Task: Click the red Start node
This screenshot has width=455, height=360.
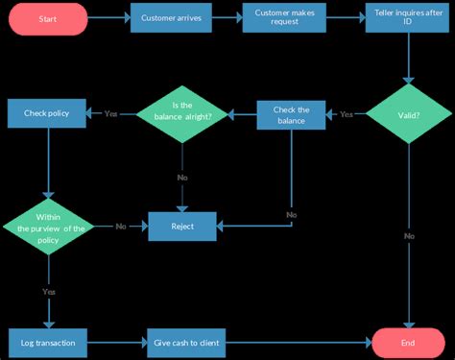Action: coord(48,18)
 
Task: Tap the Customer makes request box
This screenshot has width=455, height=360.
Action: coord(286,18)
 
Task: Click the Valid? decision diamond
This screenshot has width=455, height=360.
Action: coord(408,114)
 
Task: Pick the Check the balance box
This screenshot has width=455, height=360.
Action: coord(291,114)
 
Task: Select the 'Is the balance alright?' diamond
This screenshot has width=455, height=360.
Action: coord(182,114)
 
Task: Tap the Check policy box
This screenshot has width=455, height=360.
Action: coord(48,113)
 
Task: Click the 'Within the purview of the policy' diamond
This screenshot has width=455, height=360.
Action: coord(48,227)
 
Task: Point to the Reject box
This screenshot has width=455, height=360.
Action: coord(181,227)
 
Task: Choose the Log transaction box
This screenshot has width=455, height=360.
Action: coord(48,342)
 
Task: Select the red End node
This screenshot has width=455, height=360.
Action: coord(408,342)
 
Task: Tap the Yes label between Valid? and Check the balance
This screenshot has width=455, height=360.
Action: coord(347,114)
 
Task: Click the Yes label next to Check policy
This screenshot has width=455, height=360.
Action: coord(111,114)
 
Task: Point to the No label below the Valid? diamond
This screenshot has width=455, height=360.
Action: coord(409,235)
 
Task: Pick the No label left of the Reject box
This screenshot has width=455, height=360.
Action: coord(121,227)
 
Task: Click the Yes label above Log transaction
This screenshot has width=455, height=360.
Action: coord(48,290)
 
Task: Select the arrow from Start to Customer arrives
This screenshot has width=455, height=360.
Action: coord(108,18)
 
